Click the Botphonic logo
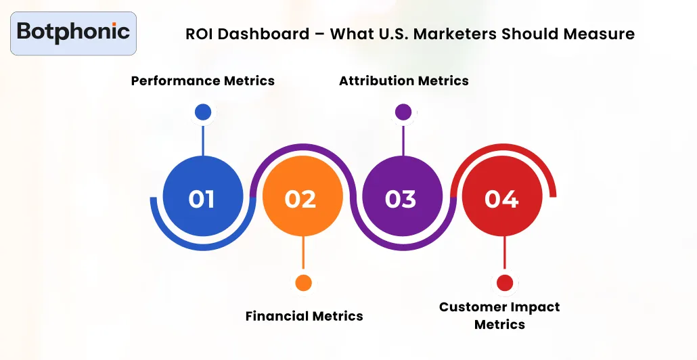pyautogui.click(x=73, y=32)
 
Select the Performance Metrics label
pyautogui.click(x=202, y=81)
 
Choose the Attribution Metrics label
pyautogui.click(x=403, y=81)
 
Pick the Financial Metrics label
pyautogui.click(x=304, y=316)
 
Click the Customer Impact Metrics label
pyautogui.click(x=499, y=315)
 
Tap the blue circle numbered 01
pyautogui.click(x=202, y=199)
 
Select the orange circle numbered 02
pyautogui.click(x=302, y=199)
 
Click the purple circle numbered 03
pyautogui.click(x=401, y=199)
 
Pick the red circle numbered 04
pyautogui.click(x=502, y=199)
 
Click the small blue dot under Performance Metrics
pyautogui.click(x=202, y=112)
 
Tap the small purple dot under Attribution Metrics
pyautogui.click(x=403, y=112)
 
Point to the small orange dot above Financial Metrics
pyautogui.click(x=303, y=283)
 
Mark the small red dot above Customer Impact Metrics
pyautogui.click(x=504, y=283)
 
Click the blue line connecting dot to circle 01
pyautogui.click(x=202, y=140)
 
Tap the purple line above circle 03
pyautogui.click(x=403, y=140)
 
